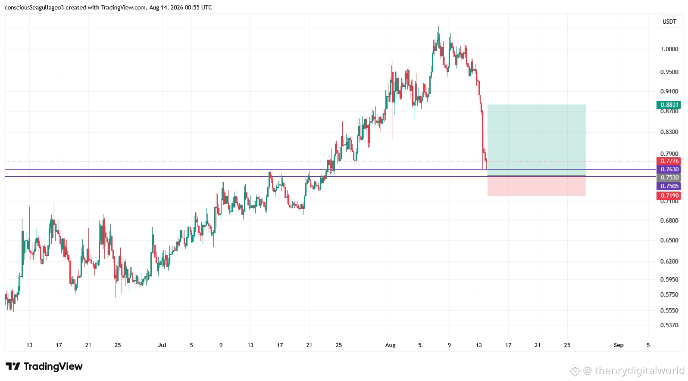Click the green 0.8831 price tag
(669, 105)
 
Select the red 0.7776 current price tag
(669, 161)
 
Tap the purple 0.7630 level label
(669, 169)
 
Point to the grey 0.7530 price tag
(669, 178)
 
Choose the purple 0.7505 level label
(669, 186)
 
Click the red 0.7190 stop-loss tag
(669, 195)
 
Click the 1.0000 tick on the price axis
(669, 50)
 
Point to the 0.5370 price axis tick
(669, 325)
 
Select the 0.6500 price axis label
(669, 240)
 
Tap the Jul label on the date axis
(162, 345)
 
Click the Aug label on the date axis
(391, 345)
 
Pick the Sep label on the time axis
(619, 345)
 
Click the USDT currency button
(669, 22)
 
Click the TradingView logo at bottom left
(44, 366)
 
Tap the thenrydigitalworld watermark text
(639, 370)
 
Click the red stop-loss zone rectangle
(537, 186)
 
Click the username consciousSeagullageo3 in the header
(34, 7)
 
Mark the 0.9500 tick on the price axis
(669, 72)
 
